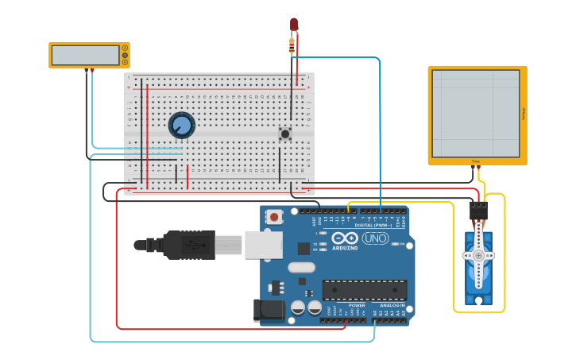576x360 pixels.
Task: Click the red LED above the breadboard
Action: click(x=294, y=24)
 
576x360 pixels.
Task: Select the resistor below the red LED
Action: click(x=292, y=45)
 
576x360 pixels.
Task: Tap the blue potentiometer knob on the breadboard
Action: click(x=182, y=125)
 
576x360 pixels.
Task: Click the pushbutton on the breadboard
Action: click(x=284, y=134)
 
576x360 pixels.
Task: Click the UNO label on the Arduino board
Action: click(x=375, y=238)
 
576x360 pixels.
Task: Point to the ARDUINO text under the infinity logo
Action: click(x=345, y=247)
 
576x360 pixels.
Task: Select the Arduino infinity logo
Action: click(x=345, y=238)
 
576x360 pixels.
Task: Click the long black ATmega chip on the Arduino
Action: click(x=364, y=289)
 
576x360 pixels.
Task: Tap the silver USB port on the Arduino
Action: click(x=263, y=246)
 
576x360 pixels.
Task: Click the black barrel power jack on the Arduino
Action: click(x=268, y=310)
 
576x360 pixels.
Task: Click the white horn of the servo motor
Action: click(x=478, y=254)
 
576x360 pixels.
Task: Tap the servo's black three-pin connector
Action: click(x=478, y=211)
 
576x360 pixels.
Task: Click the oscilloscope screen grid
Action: click(x=476, y=113)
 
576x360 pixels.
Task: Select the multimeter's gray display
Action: click(x=85, y=55)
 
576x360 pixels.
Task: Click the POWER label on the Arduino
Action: click(x=357, y=305)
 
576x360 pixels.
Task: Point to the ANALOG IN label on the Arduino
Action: click(x=391, y=305)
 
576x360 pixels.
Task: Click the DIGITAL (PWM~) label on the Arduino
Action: click(x=377, y=226)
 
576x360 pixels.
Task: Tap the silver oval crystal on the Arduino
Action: click(x=301, y=268)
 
